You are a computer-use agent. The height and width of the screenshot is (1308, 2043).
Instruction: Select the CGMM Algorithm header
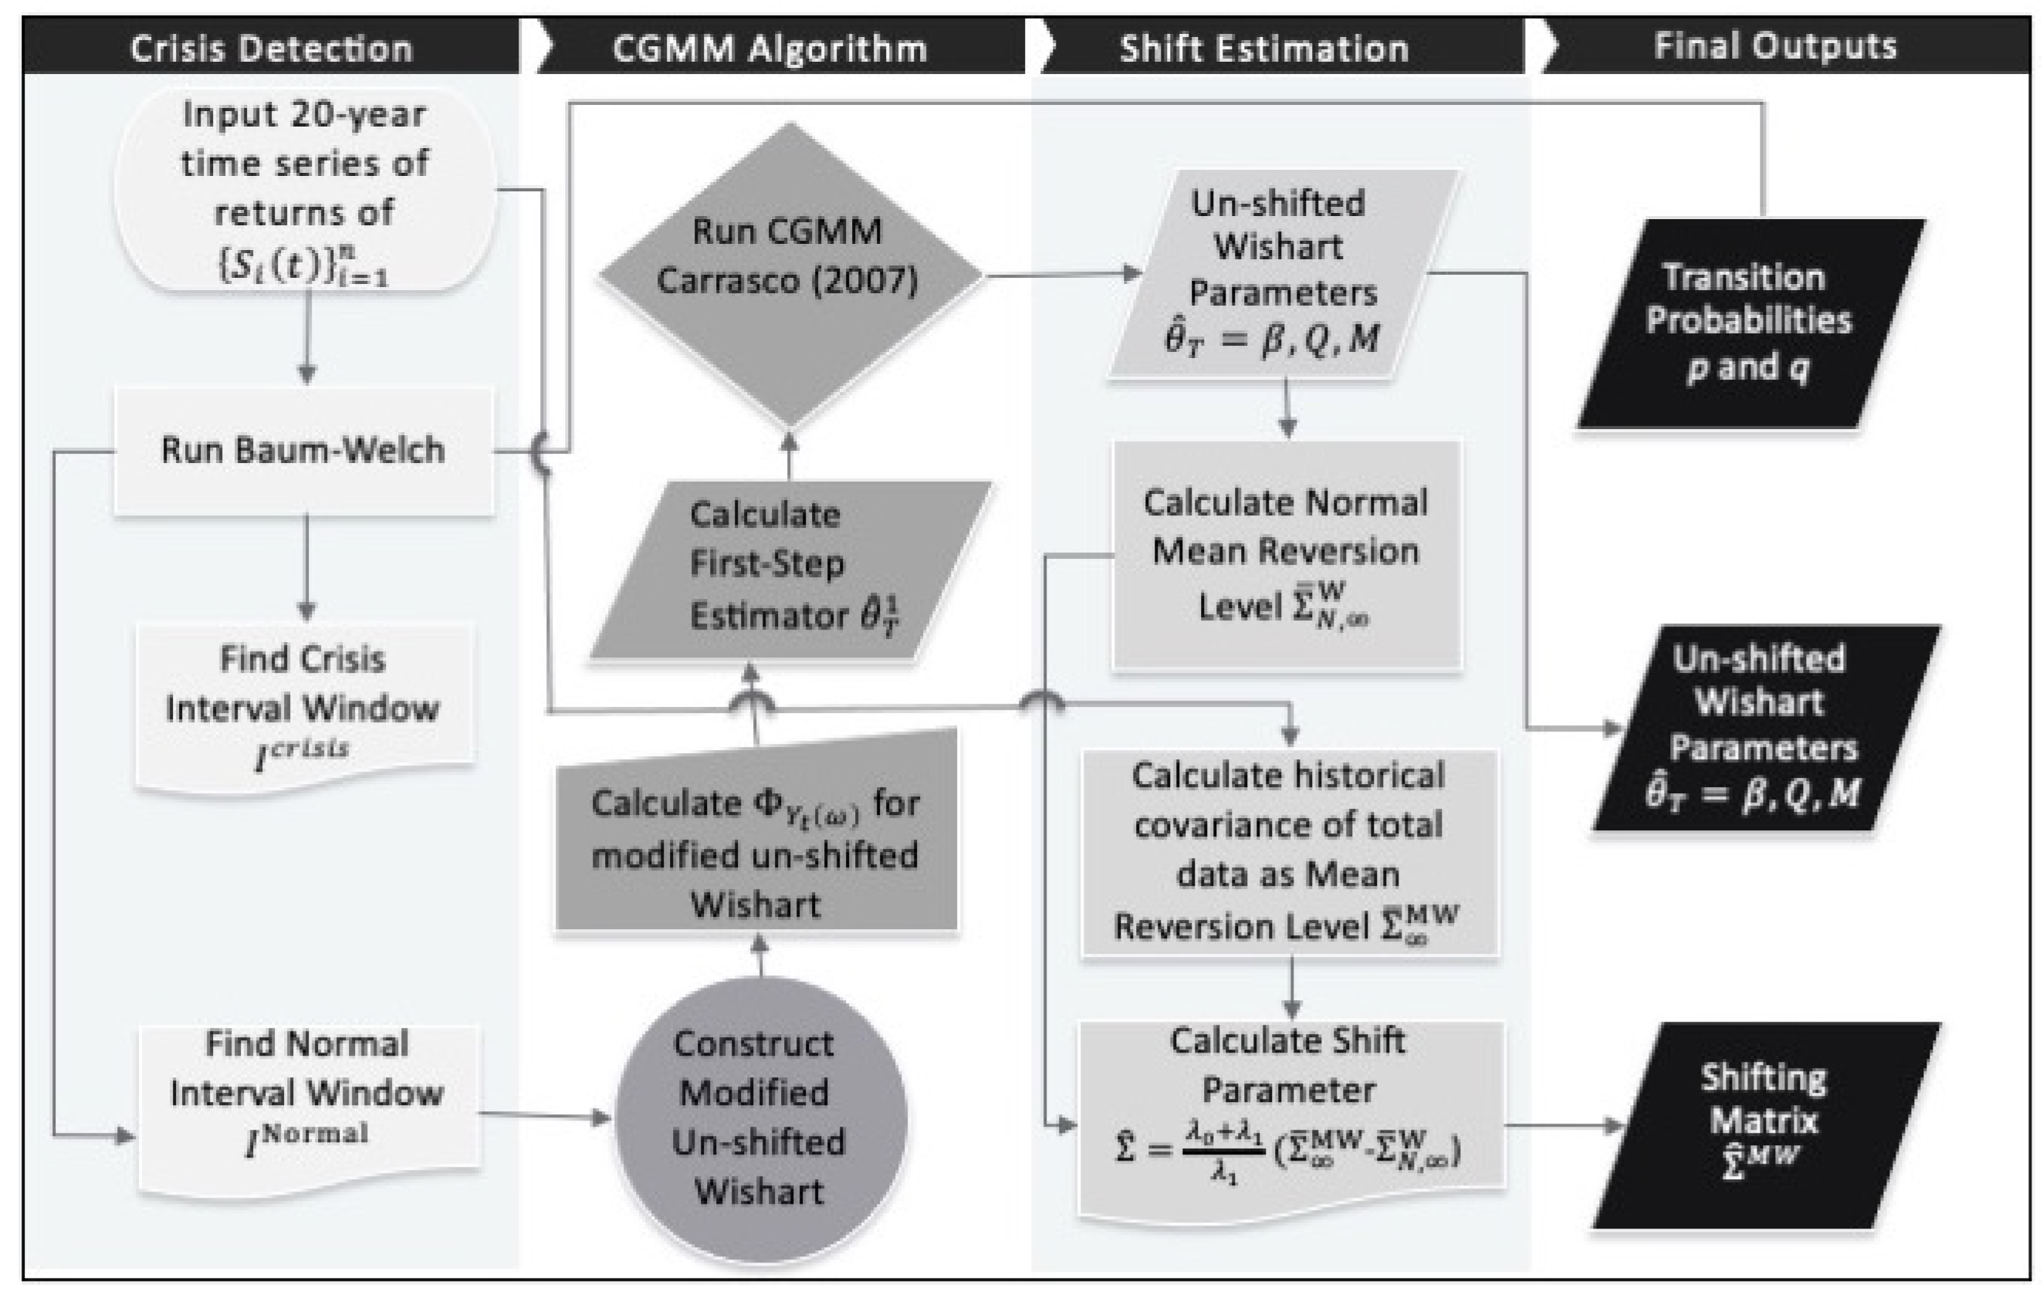click(x=769, y=49)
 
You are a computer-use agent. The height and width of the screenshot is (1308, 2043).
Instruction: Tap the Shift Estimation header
click(x=1264, y=49)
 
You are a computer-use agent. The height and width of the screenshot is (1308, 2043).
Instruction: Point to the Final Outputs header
click(x=1775, y=46)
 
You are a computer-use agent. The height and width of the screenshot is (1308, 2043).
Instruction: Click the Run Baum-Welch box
click(x=303, y=450)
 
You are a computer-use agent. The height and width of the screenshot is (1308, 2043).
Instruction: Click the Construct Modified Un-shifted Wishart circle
click(x=759, y=1117)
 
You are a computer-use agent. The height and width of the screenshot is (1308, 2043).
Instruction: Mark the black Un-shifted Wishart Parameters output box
click(x=1764, y=727)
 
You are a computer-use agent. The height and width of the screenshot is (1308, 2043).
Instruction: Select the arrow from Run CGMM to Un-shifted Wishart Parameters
click(x=1062, y=275)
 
